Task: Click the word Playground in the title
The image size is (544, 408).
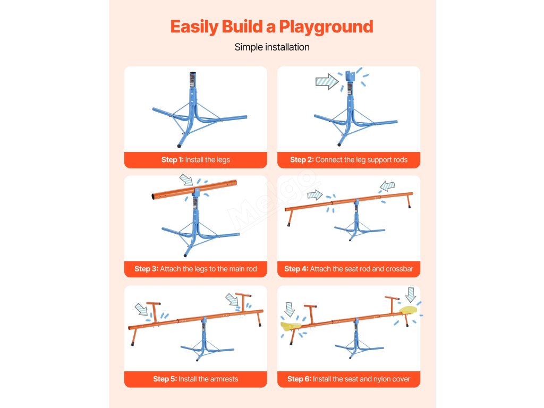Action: coord(326,27)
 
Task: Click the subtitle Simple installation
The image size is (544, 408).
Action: coord(272,47)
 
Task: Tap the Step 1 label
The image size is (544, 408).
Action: coord(195,159)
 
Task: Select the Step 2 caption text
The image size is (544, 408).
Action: coord(348,159)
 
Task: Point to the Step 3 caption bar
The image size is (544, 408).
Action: coord(195,269)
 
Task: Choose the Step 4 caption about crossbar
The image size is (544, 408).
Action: coord(348,269)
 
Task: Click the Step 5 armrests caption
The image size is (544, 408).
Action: coord(195,379)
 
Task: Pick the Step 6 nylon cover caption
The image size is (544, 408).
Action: coord(348,379)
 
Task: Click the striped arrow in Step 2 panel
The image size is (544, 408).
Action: coord(327,82)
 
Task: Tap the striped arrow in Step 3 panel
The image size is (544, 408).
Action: coord(186,180)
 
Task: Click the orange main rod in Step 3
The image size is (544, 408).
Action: coord(194,190)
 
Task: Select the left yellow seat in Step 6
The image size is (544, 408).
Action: coord(291,326)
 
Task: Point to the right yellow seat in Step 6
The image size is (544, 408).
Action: coord(409,310)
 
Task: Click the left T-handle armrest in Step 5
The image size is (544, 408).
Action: coord(154,312)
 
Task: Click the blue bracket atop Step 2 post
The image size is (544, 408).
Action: coord(351,76)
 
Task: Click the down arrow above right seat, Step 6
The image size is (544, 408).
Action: coord(411,295)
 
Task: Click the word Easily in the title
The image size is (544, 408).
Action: coord(194,27)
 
